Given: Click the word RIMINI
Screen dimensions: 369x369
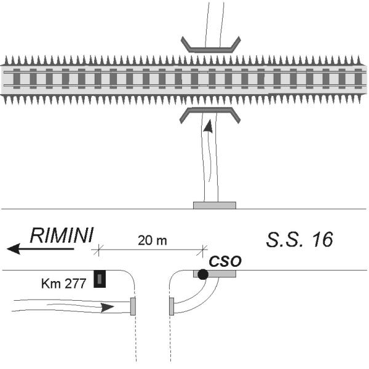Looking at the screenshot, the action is [x=62, y=235].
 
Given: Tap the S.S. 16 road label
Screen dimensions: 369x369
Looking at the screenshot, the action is [x=300, y=239].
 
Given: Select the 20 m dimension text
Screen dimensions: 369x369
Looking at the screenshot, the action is [x=153, y=240].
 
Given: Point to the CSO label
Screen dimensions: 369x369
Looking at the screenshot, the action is [x=225, y=261].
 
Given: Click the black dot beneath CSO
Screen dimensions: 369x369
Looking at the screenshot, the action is [x=203, y=274].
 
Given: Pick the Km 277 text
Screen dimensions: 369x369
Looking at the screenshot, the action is [x=63, y=284].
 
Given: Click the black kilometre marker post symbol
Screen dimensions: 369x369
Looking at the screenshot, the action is [x=100, y=279].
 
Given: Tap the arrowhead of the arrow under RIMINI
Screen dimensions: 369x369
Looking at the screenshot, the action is [x=14, y=249].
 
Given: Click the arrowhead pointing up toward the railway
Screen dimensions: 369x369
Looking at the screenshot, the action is [x=208, y=126].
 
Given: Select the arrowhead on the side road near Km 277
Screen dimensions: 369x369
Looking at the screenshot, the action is [x=107, y=307].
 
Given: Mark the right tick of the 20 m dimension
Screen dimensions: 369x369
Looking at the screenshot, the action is [x=202, y=250].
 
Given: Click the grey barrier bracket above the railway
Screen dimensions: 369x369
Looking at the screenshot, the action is [x=211, y=45].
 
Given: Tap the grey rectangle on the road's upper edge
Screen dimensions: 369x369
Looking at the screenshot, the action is [x=215, y=205].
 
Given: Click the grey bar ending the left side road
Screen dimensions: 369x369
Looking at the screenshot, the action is [x=133, y=306].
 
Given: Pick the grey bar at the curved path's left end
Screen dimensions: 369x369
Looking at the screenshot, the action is [x=172, y=306].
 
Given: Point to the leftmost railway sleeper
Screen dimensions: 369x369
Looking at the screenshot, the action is [x=17, y=79].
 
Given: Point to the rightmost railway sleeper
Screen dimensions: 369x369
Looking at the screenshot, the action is [x=358, y=79].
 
